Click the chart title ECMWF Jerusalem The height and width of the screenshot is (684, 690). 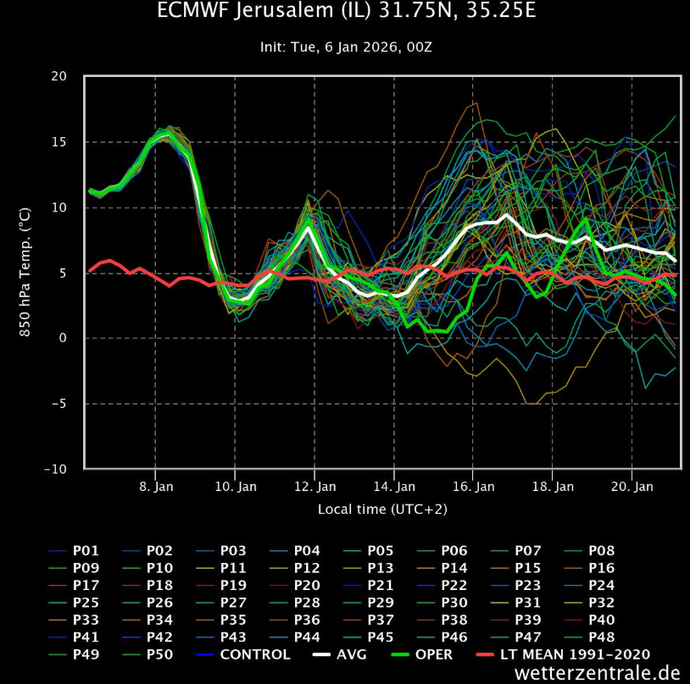346,12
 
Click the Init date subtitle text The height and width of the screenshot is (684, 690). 346,47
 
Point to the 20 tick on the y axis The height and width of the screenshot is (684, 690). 58,76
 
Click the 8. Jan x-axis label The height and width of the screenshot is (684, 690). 155,487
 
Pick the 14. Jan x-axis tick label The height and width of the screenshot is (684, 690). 394,487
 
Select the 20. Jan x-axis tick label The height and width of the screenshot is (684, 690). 632,487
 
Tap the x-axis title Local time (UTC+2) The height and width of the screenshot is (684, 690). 382,509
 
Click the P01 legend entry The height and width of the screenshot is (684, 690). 86,551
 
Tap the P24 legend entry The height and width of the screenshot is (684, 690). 601,585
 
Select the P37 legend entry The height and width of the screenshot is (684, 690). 380,620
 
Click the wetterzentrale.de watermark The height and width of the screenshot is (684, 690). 597,673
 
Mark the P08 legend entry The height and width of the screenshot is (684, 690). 601,551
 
